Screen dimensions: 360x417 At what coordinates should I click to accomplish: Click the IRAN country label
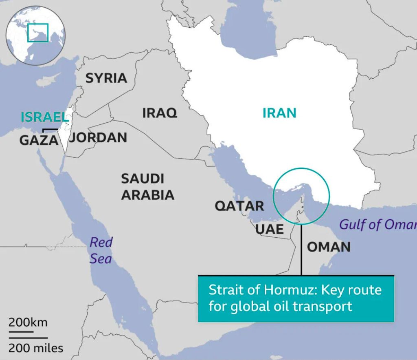point(279,113)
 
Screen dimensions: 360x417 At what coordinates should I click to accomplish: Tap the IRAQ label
point(160,113)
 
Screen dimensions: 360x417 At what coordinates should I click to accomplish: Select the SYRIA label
point(106,78)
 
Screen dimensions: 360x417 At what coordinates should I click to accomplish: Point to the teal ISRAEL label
point(44,117)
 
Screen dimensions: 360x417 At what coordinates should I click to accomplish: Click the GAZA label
point(39,140)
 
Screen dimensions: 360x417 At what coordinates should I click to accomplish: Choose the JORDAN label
point(98,138)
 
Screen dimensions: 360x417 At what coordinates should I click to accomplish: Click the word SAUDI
point(143,179)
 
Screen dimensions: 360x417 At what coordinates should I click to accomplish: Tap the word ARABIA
point(148,195)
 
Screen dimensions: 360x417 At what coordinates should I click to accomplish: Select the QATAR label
point(239,206)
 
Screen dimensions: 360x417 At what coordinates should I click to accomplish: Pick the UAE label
point(269,229)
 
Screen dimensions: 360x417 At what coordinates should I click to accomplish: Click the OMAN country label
point(328,247)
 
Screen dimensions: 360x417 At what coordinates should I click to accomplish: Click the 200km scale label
point(28,322)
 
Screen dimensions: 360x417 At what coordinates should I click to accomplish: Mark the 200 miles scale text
point(36,348)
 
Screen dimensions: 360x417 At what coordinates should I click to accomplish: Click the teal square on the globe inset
point(38,33)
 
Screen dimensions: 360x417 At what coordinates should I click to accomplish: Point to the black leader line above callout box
point(301,249)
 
